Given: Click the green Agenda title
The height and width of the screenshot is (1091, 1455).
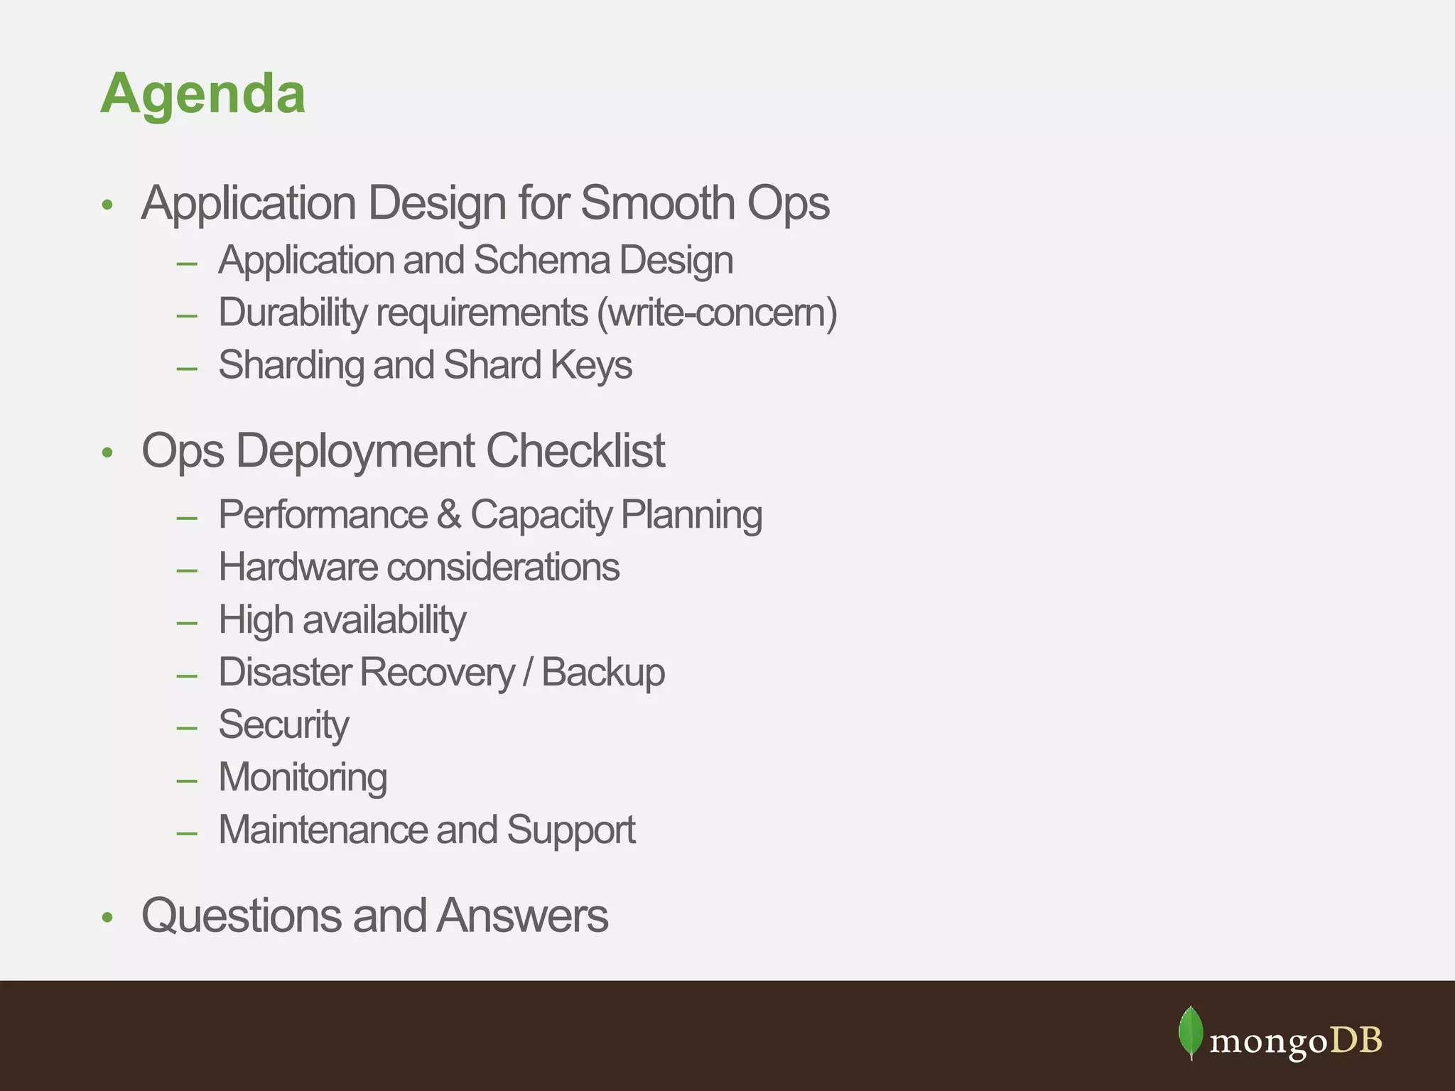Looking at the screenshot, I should coord(203,94).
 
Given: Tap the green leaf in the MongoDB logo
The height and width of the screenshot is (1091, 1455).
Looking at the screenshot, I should coord(1191,1032).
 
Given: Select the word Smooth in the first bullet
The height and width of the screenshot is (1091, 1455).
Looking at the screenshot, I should coord(657,203).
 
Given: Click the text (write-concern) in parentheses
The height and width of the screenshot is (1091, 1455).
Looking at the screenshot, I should coord(717,313).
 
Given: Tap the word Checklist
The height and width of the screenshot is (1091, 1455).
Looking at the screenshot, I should coord(575,450).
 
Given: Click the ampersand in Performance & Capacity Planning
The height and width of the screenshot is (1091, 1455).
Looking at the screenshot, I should coord(449,514).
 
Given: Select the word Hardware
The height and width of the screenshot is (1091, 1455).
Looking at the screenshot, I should coord(298,567).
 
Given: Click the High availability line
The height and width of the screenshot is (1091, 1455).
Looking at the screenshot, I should coord(342,619).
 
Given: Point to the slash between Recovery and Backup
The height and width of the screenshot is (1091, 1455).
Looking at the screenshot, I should coord(527,672).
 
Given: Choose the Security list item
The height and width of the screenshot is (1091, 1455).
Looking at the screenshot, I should coord(283,724).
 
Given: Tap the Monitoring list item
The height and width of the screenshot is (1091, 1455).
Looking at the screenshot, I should coord(303,777).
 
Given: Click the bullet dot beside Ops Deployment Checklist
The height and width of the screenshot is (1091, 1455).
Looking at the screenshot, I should coord(107,452).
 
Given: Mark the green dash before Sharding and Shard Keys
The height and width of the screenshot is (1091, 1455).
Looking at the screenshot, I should coord(187,368).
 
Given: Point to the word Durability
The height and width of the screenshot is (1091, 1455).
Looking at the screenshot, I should coord(292,313).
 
